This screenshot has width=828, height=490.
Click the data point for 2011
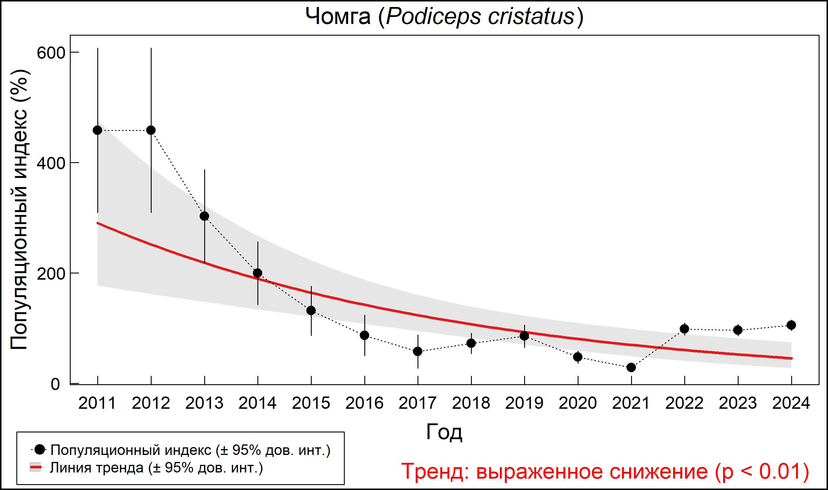(97, 130)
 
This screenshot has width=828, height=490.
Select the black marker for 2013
(204, 216)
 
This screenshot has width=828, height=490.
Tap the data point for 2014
(257, 273)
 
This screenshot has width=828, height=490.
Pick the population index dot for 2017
(418, 351)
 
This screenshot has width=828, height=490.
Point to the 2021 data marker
(631, 368)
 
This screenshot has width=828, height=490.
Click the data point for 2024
(791, 325)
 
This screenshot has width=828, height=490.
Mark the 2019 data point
(524, 336)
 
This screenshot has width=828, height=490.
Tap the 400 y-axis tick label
(51, 163)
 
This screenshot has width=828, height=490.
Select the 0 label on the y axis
(55, 384)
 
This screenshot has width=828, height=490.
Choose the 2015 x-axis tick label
(311, 403)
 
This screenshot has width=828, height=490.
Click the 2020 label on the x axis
(577, 403)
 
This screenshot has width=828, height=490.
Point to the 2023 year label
(737, 403)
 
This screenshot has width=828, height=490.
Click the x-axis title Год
(444, 432)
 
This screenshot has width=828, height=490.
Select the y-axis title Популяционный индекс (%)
(19, 210)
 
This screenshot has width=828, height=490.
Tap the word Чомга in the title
(338, 17)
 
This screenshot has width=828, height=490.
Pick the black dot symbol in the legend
(40, 449)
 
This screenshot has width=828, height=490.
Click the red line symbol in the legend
(35, 467)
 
